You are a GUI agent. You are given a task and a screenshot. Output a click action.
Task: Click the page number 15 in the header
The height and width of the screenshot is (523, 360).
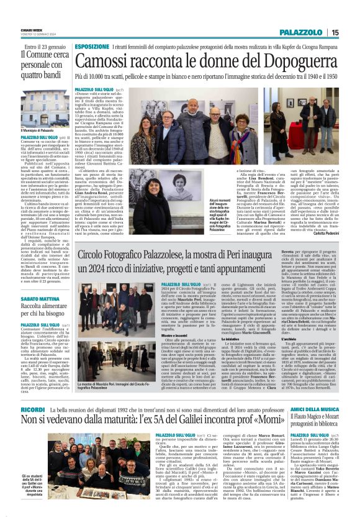pyautogui.click(x=335, y=32)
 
